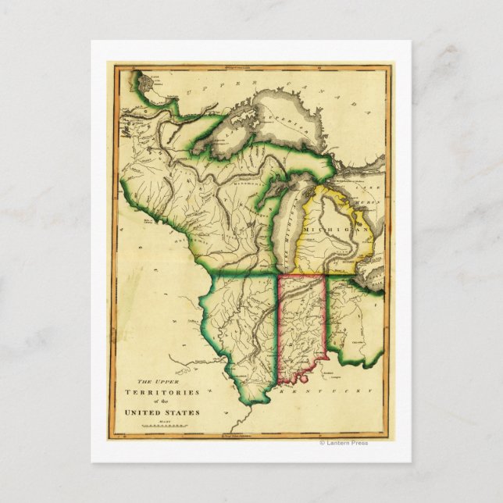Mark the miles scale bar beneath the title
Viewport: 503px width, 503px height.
161,426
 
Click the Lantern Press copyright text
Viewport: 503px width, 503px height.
343,443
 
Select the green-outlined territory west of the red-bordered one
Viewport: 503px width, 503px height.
234,328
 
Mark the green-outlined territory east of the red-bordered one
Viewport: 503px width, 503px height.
355,320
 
